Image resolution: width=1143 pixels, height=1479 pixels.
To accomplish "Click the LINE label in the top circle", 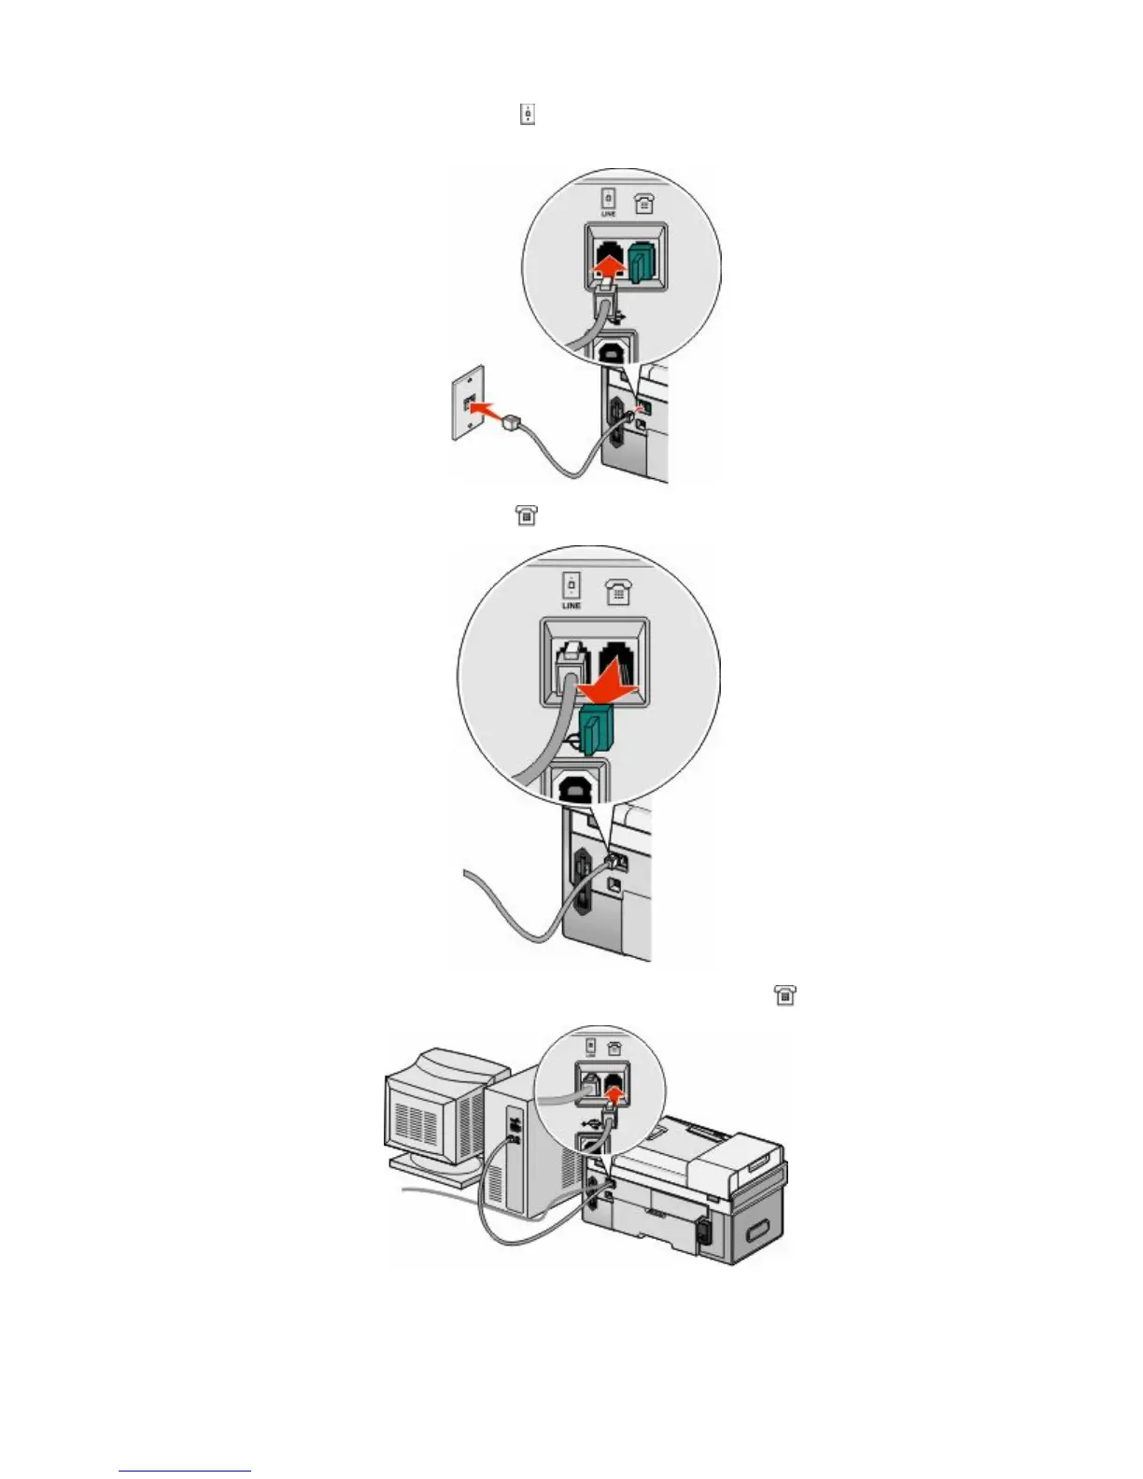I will click(608, 214).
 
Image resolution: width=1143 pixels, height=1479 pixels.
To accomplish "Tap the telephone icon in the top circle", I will click(643, 203).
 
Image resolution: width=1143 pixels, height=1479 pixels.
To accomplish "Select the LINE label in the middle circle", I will click(571, 605).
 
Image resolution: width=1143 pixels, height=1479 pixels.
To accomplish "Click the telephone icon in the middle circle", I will click(618, 591).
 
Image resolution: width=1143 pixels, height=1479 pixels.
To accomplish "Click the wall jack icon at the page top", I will click(528, 115).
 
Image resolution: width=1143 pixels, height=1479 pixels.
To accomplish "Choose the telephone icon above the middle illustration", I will click(527, 514).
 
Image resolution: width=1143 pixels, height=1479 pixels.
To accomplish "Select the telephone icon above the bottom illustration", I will click(785, 995).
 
